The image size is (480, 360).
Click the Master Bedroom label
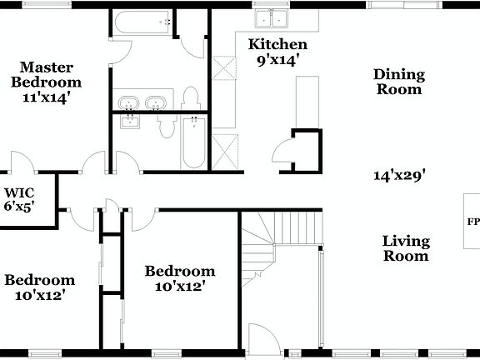[51, 74]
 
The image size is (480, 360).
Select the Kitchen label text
[278, 45]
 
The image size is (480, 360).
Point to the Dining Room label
[398, 82]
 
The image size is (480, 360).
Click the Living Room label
[406, 248]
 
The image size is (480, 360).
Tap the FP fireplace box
[472, 222]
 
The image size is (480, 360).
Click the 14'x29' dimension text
[399, 175]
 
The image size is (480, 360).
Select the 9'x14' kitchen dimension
[278, 59]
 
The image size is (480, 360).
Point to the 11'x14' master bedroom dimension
[46, 97]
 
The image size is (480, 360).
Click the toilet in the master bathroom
[191, 97]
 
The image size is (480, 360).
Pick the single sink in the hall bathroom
[131, 122]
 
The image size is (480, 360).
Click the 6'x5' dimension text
[19, 205]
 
